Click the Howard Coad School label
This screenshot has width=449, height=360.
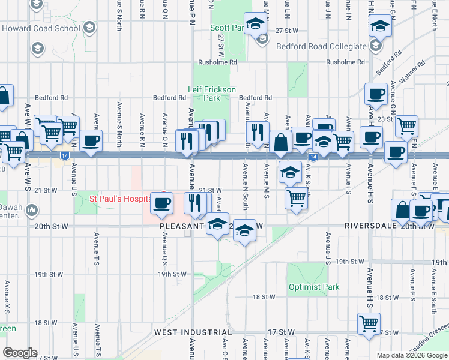(x=41, y=28)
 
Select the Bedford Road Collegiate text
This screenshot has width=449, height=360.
(x=321, y=46)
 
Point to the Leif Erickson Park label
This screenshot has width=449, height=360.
(x=212, y=93)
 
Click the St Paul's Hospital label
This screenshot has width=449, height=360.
(x=118, y=199)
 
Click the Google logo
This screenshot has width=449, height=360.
(x=20, y=352)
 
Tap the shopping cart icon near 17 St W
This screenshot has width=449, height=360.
(x=369, y=323)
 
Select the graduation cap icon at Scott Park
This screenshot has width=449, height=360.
(x=256, y=25)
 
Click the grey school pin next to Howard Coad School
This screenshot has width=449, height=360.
(x=89, y=28)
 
